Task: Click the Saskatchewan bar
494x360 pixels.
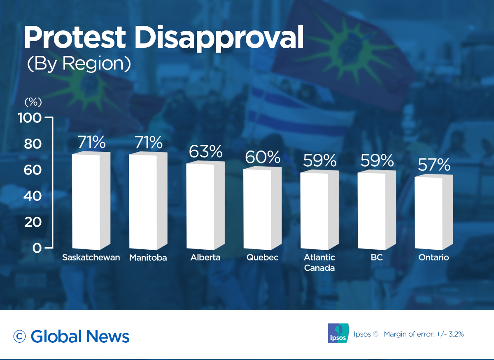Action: point(86,202)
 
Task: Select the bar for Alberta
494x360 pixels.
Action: point(200,206)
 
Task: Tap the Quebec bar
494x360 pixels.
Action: point(257,209)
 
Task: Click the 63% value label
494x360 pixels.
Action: point(205,151)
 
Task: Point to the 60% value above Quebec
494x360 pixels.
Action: point(262,157)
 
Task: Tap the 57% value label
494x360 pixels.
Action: point(434,165)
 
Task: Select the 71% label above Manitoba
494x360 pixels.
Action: point(148,142)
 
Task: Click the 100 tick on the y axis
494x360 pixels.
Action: point(30,118)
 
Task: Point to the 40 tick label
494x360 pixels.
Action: point(33,196)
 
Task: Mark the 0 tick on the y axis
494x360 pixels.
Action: point(37,248)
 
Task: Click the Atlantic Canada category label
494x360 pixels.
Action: point(319,262)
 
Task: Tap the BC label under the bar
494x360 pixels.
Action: point(377,258)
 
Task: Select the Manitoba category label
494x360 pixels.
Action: point(148,258)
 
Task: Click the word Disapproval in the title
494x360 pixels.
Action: point(219,38)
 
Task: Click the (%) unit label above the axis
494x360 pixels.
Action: point(33,102)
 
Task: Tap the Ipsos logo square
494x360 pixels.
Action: point(338,333)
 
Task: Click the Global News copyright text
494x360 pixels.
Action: point(72,336)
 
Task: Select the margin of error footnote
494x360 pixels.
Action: point(424,334)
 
